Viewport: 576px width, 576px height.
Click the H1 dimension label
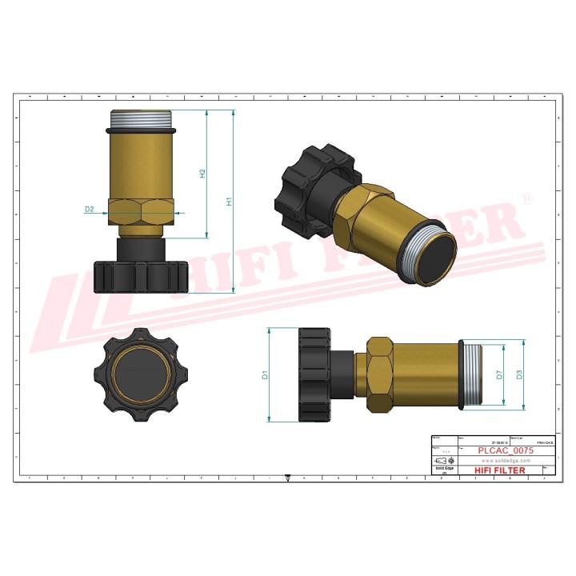[x=229, y=202]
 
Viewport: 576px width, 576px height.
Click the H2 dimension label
[x=203, y=174]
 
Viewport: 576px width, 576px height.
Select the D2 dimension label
[x=90, y=210]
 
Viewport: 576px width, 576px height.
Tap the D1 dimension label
[x=264, y=374]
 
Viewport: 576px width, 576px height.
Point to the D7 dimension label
[x=498, y=374]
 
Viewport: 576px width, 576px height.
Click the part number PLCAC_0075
[x=506, y=451]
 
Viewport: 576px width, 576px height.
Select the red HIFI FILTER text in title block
[x=500, y=470]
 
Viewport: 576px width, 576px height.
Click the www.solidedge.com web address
[x=506, y=461]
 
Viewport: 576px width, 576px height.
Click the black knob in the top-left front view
[x=141, y=274]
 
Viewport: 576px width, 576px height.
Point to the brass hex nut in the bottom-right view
[x=380, y=374]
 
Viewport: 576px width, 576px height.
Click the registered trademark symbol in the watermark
[x=526, y=198]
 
